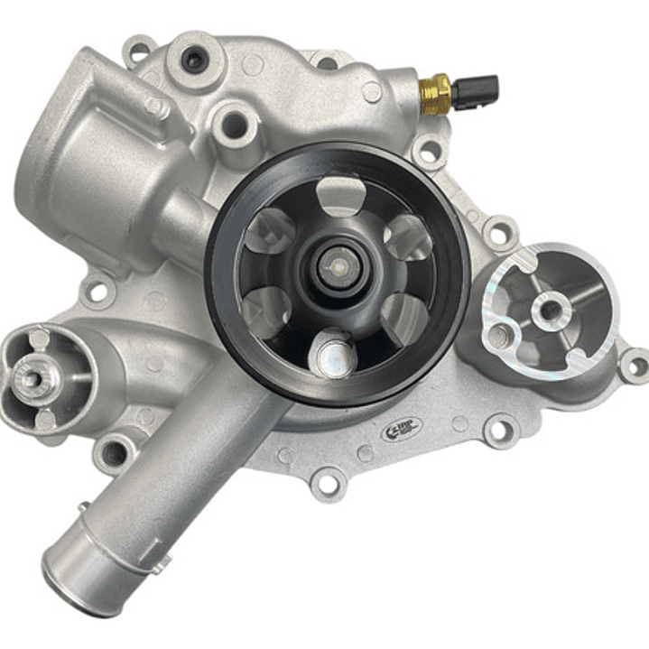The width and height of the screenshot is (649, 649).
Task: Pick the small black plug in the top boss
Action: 193,60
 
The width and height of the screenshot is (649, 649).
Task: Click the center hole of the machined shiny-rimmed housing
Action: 547,311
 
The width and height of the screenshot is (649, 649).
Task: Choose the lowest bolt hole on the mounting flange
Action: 327,485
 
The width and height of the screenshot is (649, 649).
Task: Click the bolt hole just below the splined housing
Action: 114,454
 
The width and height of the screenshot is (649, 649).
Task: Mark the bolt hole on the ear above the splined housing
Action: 96,291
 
